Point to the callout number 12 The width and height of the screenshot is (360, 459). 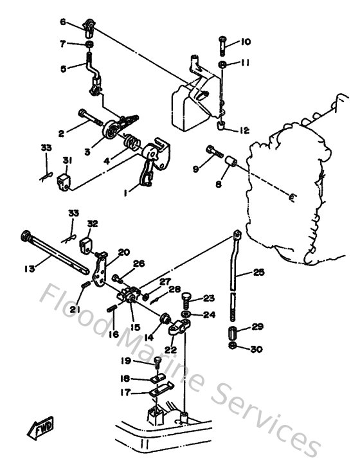pos(244,130)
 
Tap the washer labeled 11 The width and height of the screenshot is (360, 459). pos(222,66)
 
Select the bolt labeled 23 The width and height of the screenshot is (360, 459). pos(186,300)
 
